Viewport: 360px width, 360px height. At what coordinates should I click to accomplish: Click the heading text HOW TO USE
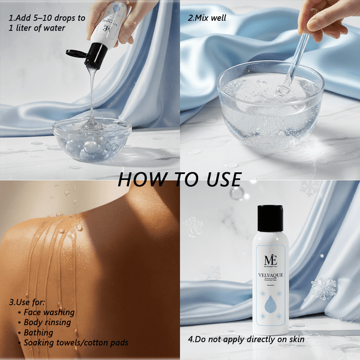179,179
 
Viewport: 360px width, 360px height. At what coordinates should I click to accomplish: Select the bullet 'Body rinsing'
47,322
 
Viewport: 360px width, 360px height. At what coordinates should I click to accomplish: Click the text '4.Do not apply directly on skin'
246,339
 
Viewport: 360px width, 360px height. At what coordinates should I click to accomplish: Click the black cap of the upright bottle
269,218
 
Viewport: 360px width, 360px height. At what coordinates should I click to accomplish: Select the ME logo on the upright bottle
269,259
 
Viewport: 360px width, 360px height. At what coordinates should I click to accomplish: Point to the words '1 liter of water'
39,29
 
